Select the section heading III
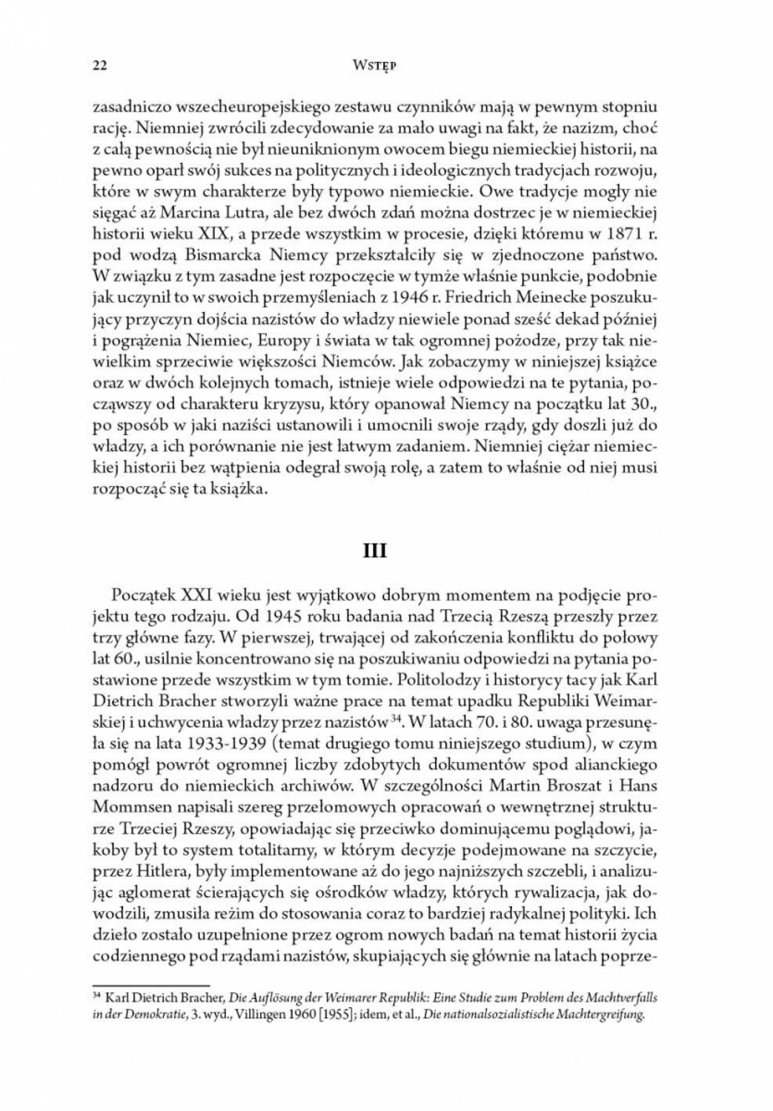click(x=375, y=551)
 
